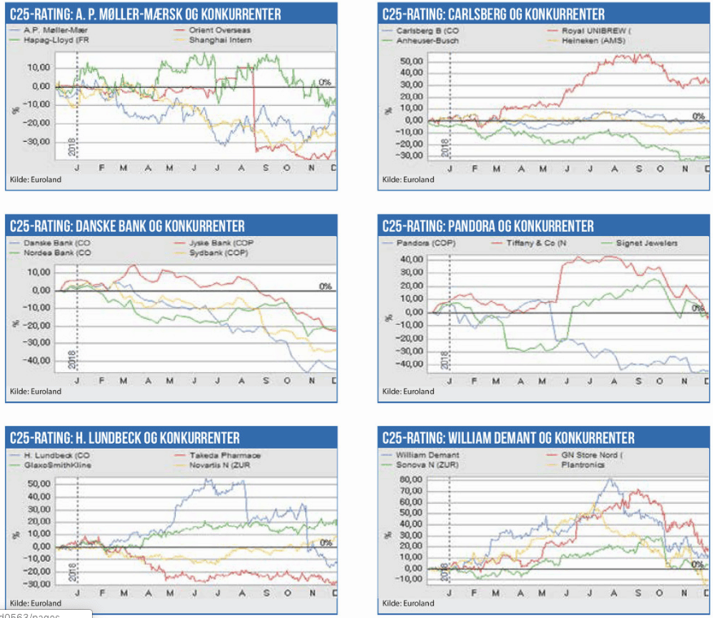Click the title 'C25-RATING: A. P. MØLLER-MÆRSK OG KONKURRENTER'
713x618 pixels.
145,14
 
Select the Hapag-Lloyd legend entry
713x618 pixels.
50,39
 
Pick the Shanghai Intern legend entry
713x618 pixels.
221,39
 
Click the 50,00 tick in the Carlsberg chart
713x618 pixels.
411,61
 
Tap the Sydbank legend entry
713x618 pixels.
219,252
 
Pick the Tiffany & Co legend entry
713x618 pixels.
531,243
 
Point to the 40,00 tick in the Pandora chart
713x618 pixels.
411,260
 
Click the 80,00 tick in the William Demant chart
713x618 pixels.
411,480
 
